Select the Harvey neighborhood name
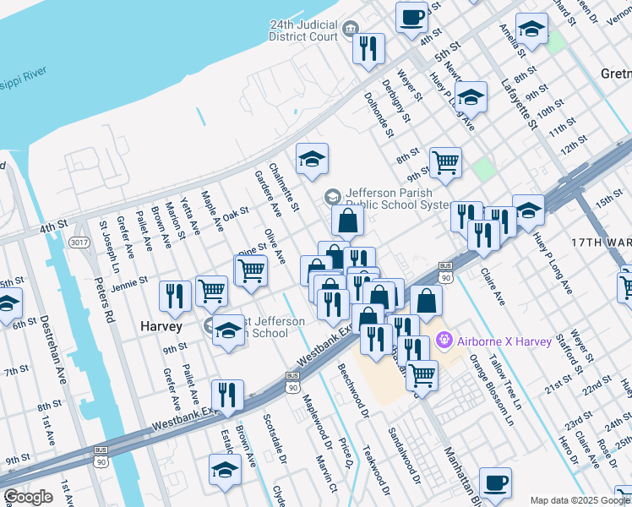161,325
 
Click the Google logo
28,497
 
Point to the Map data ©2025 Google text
580,500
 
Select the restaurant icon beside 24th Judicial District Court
368,48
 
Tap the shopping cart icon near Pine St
251,270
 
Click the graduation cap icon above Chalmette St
312,158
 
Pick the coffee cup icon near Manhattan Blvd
495,482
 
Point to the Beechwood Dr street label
354,391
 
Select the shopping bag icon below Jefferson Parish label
347,221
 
